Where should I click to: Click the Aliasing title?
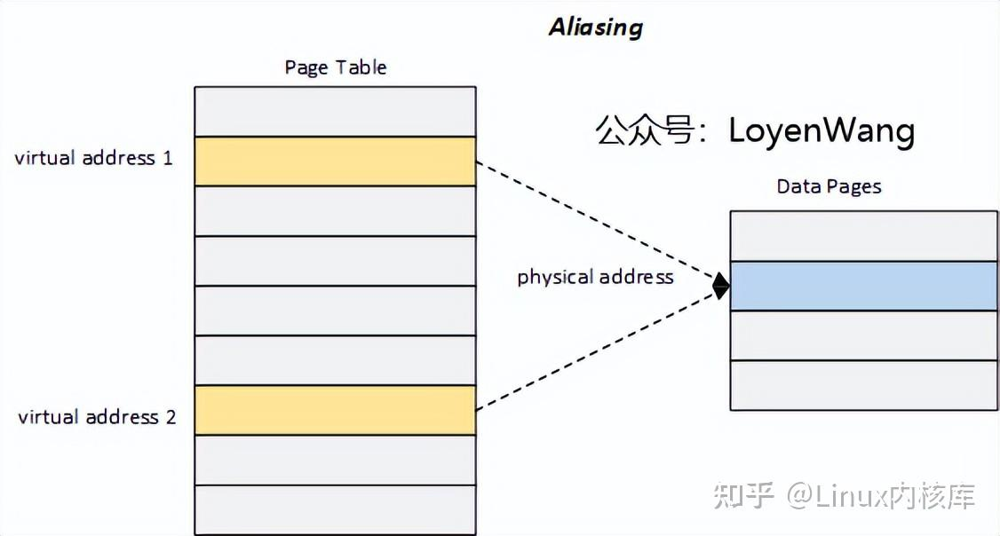coord(595,28)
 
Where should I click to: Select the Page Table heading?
coord(335,67)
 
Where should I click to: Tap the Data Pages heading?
coord(829,186)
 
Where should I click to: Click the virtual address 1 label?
coord(93,159)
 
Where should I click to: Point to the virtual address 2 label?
coord(97,417)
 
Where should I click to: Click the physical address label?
coord(595,277)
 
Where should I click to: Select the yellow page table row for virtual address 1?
coord(335,162)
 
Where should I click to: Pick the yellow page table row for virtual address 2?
coord(335,410)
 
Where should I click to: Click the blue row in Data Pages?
coord(863,286)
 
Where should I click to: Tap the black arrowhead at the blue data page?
coord(721,286)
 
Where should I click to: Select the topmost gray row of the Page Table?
coord(335,111)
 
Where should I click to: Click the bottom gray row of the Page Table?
coord(335,510)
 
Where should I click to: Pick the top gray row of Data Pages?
coord(863,235)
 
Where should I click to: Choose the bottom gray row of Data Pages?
coord(863,385)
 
